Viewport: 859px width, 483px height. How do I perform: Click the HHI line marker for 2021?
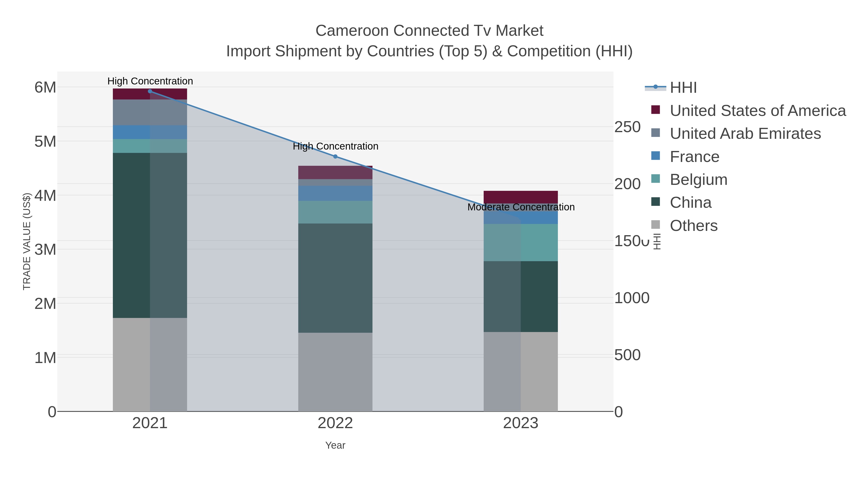click(150, 91)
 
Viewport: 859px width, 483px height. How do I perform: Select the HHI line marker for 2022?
click(335, 156)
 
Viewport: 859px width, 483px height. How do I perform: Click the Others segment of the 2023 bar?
click(521, 371)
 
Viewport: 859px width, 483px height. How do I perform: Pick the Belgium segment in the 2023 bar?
click(521, 242)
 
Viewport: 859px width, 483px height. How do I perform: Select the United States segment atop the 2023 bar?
click(521, 197)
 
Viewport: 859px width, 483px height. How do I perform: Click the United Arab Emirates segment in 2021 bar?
click(150, 112)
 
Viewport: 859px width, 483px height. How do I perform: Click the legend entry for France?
click(694, 157)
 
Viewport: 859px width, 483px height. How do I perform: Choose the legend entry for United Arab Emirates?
click(745, 133)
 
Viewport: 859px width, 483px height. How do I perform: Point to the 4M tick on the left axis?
click(45, 196)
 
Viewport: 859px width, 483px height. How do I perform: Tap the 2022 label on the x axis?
click(335, 423)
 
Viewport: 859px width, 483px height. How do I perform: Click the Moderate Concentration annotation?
click(521, 207)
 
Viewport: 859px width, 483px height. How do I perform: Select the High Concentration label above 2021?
click(150, 81)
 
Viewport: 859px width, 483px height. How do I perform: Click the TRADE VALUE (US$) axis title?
click(27, 241)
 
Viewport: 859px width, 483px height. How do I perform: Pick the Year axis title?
click(335, 445)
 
